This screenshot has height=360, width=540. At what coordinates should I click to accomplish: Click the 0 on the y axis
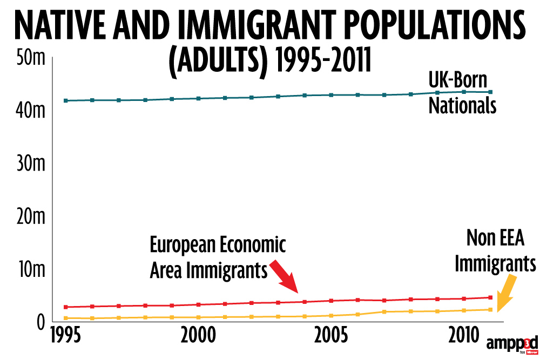pos(38,322)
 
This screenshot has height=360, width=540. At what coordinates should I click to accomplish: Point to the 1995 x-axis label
pos(67,336)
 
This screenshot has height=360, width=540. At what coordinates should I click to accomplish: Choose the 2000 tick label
pos(199,336)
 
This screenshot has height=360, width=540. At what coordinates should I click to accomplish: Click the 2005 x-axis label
pos(330,336)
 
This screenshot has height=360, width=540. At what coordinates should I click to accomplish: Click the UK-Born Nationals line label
pos(462,93)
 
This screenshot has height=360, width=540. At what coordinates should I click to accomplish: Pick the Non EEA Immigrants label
pos(495,253)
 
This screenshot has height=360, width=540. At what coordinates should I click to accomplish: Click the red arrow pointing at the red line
pos(283,276)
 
